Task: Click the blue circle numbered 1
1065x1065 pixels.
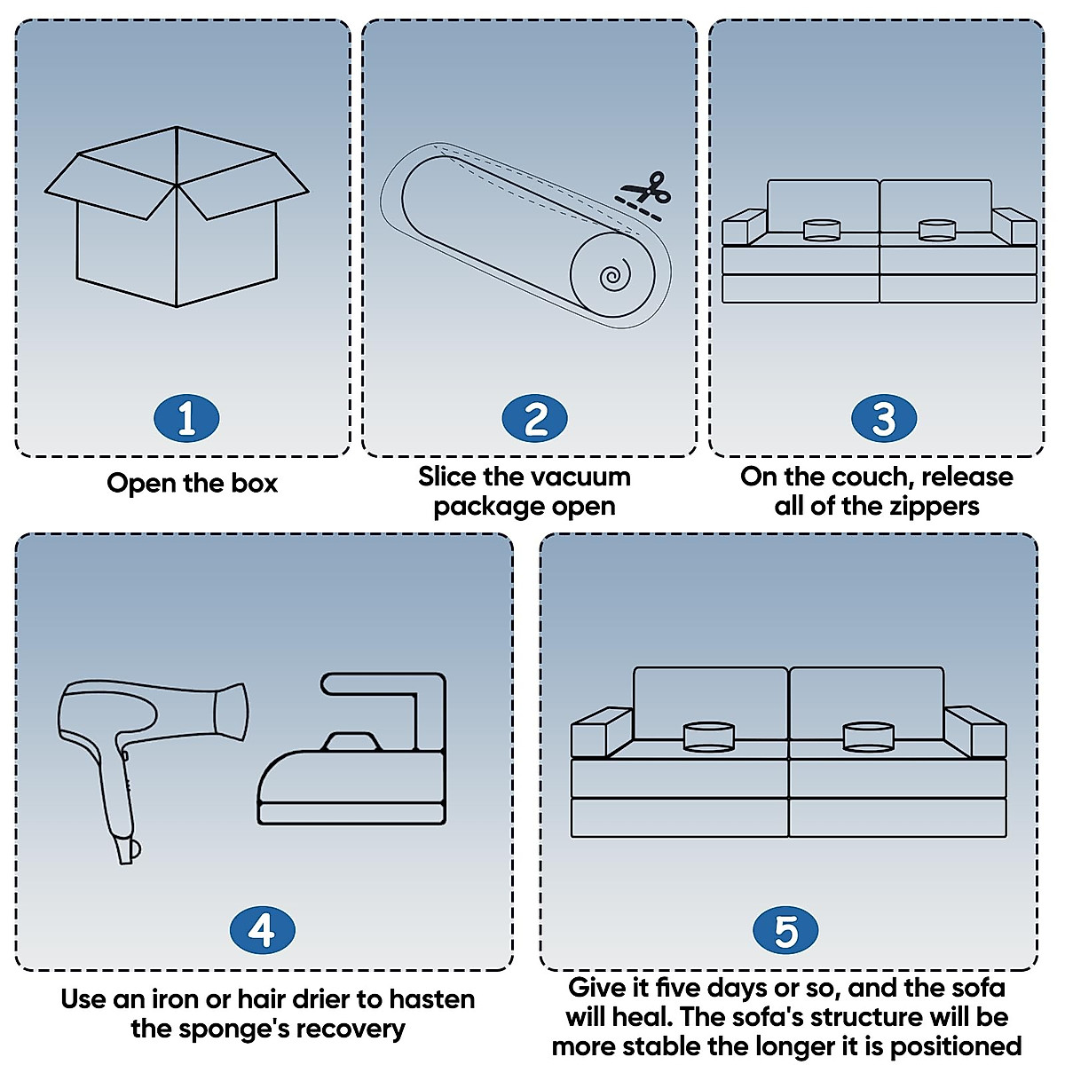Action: pos(186,419)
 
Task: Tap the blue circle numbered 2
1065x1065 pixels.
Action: pos(534,419)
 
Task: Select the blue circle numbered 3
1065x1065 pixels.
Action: pos(883,419)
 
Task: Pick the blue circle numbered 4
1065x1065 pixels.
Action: pos(262,931)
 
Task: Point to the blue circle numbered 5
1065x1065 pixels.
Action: pos(786,931)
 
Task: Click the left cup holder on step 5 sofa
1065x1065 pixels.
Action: pos(708,736)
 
